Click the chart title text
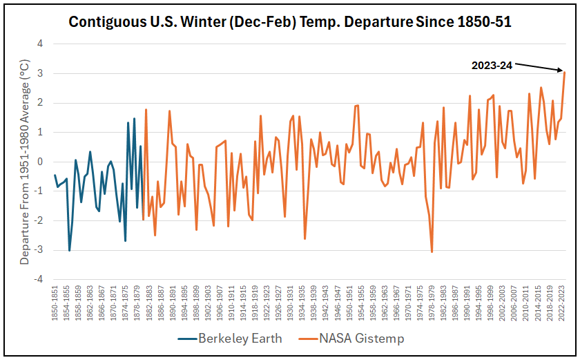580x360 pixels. pyautogui.click(x=290, y=21)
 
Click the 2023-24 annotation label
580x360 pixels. pyautogui.click(x=492, y=66)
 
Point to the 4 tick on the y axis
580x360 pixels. pyautogui.click(x=40, y=43)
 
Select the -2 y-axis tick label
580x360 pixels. pyautogui.click(x=39, y=220)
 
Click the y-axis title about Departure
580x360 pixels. pyautogui.click(x=24, y=162)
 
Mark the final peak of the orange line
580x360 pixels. pyautogui.click(x=564, y=72)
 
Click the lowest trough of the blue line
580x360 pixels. pyautogui.click(x=70, y=250)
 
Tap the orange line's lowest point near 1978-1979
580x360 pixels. pyautogui.click(x=432, y=252)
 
